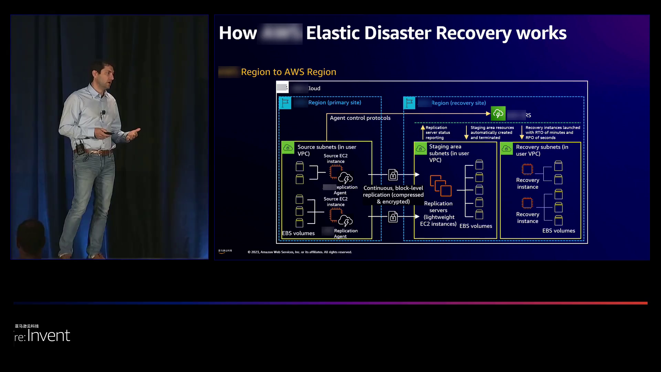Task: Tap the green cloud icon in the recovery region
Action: click(498, 114)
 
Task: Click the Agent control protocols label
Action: click(360, 118)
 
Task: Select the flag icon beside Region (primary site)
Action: click(285, 103)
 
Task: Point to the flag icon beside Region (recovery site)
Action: click(409, 103)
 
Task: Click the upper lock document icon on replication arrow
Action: click(393, 175)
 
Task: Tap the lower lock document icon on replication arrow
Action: click(393, 217)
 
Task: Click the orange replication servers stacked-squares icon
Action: click(440, 186)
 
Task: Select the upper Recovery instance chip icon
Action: click(527, 169)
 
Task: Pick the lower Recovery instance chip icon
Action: click(527, 203)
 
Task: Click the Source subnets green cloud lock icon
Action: click(288, 148)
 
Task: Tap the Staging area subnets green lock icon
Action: click(420, 148)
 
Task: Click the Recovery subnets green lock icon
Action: click(506, 148)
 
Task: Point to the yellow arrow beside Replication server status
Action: click(423, 132)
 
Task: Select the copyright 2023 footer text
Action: click(300, 252)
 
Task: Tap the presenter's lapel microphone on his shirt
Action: click(103, 113)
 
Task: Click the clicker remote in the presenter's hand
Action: click(108, 133)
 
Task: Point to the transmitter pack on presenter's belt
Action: click(80, 149)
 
